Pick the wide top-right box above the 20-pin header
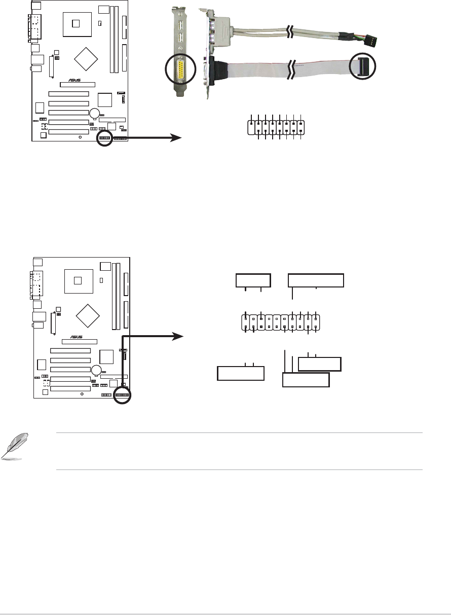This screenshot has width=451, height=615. point(316,280)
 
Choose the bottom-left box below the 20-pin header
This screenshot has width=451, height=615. point(241,373)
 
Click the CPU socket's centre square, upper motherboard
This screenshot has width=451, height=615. point(77,23)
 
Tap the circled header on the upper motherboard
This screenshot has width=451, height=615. point(104,138)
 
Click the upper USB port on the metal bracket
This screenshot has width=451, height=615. point(179,25)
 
